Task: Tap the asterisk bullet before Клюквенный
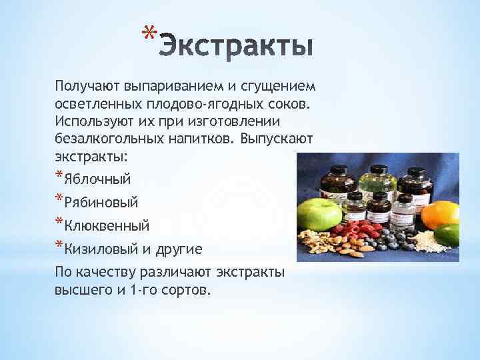click(59, 223)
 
